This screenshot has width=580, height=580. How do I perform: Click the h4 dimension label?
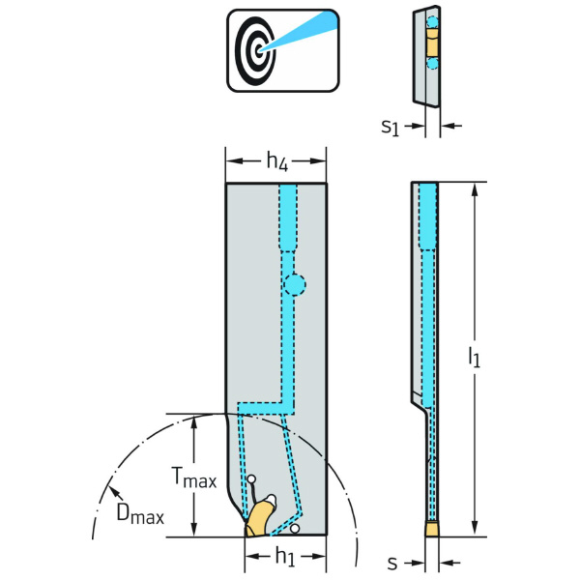coord(275,161)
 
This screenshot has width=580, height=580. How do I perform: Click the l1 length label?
coord(474,359)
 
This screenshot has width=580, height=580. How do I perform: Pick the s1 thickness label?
coord(390,126)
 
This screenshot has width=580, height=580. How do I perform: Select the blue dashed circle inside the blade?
coord(294,284)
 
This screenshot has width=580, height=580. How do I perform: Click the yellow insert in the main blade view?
coord(260,517)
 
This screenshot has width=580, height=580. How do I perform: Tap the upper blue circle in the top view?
coord(432,20)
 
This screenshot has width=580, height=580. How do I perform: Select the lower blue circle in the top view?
coord(432,63)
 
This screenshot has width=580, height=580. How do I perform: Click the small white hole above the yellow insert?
coord(251,480)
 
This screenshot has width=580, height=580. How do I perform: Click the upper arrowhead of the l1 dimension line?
coord(474,188)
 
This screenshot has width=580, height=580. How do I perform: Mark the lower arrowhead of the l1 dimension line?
coord(474,530)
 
